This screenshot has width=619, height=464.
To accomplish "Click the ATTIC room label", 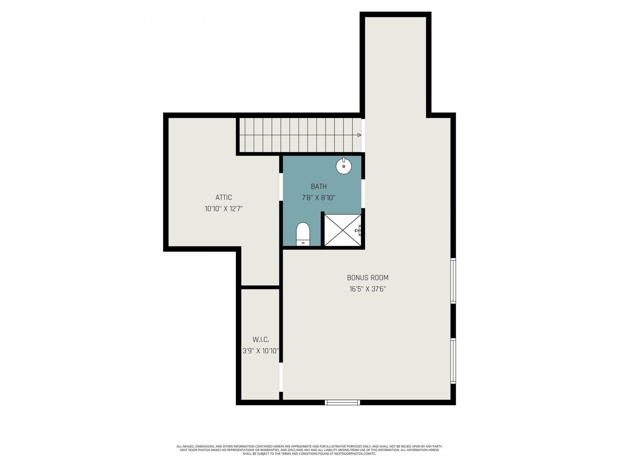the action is [223, 197].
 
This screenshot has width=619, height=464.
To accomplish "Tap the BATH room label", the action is [319, 186].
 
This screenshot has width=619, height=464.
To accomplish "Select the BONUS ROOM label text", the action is [368, 277].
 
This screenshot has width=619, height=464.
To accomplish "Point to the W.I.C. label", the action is [260, 339].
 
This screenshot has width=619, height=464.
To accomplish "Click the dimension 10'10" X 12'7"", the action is [223, 209].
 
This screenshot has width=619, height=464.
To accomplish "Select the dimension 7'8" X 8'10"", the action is [319, 198].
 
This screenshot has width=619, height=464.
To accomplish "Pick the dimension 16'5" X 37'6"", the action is [368, 289].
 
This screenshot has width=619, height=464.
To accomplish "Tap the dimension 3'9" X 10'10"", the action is [260, 351].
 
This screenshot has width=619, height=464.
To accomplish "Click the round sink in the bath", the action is [344, 166].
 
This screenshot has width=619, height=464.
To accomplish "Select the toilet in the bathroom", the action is [303, 234].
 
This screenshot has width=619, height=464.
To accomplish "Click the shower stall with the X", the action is [342, 230].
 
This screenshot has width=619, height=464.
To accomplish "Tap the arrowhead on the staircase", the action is [359, 135].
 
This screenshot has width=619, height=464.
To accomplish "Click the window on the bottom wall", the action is [342, 402].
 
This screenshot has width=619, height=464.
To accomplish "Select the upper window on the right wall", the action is [453, 281].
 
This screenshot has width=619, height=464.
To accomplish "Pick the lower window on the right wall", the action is [453, 361].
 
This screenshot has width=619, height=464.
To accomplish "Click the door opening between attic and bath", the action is [281, 187].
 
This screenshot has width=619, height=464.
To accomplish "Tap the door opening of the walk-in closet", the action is [281, 377].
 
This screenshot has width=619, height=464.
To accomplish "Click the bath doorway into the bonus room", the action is [363, 193].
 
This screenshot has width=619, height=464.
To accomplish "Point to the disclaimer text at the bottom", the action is [309, 450].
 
